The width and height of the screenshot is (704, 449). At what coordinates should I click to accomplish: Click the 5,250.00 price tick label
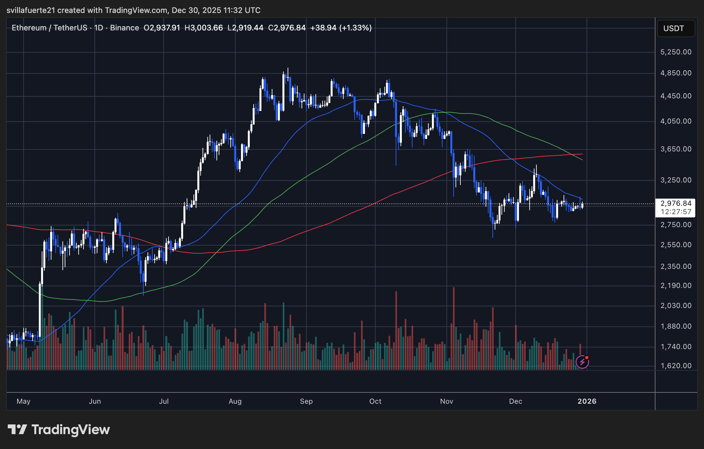tap(676, 52)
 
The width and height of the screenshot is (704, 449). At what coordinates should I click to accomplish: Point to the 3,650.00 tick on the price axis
tap(676, 149)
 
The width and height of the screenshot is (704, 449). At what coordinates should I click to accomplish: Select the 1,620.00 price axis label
tap(676, 366)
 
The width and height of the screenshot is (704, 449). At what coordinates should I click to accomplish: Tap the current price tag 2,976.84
tap(676, 203)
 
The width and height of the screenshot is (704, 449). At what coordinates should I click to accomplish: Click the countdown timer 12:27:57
tap(676, 212)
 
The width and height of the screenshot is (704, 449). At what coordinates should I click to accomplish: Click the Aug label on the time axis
tap(235, 401)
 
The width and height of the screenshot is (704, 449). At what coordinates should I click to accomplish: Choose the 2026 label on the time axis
tap(587, 401)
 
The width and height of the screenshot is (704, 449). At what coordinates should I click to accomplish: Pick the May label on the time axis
tap(23, 401)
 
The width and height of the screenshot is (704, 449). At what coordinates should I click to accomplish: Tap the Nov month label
tap(446, 401)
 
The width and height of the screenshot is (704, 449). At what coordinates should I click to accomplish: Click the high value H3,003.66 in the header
tap(203, 28)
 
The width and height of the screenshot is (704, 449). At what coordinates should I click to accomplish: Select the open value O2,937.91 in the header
tap(161, 28)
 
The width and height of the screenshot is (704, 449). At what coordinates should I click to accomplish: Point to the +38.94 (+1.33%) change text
tap(341, 28)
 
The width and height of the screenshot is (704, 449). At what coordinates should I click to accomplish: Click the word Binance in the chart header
tap(124, 28)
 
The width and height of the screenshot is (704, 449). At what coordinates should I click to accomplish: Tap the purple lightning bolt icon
tap(582, 362)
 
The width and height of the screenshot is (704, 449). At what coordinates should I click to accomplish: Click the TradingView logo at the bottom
tap(59, 430)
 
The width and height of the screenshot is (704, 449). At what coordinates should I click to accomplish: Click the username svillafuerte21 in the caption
tap(31, 10)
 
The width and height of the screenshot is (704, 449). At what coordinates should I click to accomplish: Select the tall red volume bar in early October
tap(396, 330)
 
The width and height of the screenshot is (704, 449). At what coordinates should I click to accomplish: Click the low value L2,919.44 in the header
tap(245, 28)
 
